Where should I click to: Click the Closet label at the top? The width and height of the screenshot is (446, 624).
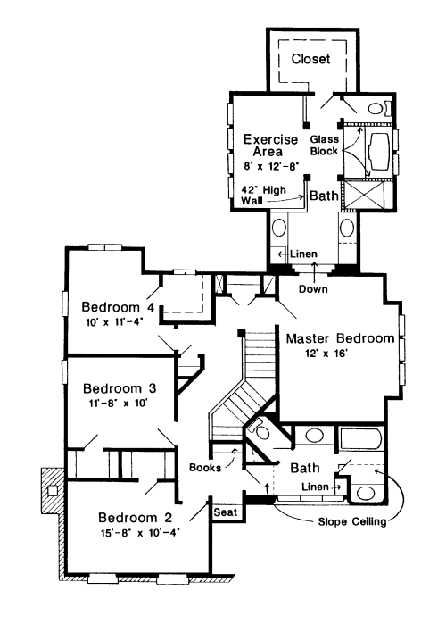point(310,59)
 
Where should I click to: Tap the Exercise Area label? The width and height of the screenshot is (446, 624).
point(270,146)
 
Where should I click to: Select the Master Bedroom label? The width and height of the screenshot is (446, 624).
point(340,338)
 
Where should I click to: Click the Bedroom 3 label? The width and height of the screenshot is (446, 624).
point(120,388)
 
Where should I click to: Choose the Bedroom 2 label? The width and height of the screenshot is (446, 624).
point(136,518)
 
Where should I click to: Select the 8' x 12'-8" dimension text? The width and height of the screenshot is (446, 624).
point(271,166)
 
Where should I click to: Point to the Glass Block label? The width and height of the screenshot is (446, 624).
point(325,146)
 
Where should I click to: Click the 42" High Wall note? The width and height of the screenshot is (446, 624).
point(263,195)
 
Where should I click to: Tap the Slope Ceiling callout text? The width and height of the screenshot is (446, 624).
point(352,521)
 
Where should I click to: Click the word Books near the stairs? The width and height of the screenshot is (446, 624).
point(205,467)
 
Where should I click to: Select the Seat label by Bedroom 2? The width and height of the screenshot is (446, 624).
point(226,512)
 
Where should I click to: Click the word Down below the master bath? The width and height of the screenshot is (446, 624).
point(313,289)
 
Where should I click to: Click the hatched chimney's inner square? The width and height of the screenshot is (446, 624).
point(53,490)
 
